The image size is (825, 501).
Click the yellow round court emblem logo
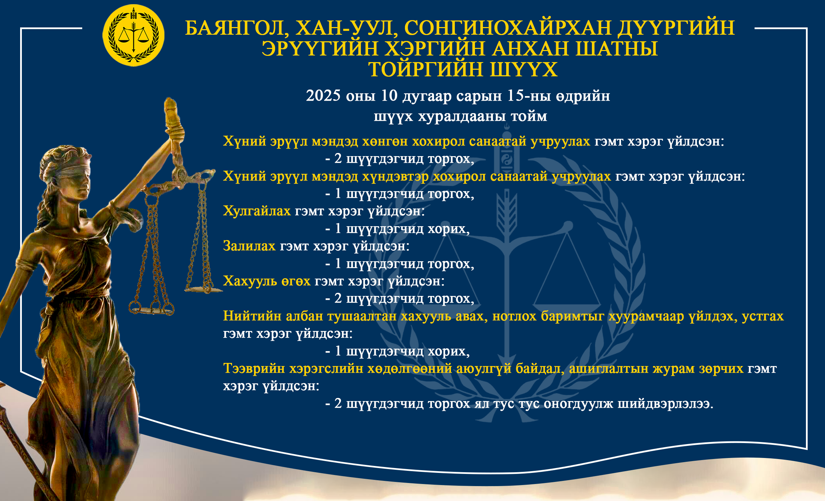pyautogui.click(x=133, y=35)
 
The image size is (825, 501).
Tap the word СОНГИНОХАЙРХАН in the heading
pyautogui.click(x=508, y=28)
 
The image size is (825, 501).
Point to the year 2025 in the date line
pyautogui.click(x=323, y=95)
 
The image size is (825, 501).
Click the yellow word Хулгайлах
pyautogui.click(x=257, y=211)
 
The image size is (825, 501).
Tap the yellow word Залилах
pyautogui.click(x=249, y=246)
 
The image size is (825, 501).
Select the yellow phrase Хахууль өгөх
pyautogui.click(x=266, y=281)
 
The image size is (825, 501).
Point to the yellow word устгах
pyautogui.click(x=763, y=316)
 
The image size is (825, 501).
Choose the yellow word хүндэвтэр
pyautogui.click(x=395, y=177)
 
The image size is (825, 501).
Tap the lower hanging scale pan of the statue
pyautogui.click(x=152, y=310)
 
